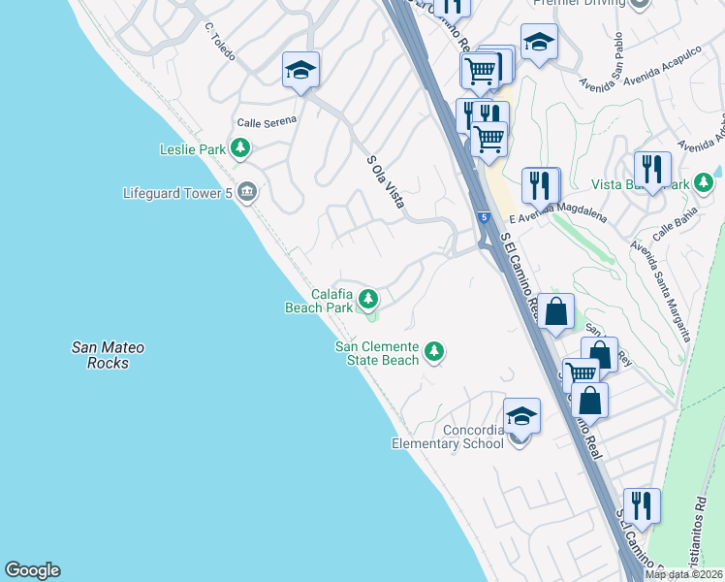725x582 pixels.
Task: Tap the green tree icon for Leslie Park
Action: pos(240,148)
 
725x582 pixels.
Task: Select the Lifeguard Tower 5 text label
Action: pos(177,192)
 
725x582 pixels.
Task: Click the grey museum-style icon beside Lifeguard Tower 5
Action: pos(247,191)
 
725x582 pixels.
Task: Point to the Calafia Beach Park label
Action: pos(318,301)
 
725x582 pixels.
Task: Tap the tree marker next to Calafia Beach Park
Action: pos(367,299)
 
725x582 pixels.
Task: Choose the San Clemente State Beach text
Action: pos(376,353)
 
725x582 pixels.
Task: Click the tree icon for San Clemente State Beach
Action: pos(434,351)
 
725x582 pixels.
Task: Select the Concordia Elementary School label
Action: pos(447,436)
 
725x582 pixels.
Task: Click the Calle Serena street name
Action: pos(267,122)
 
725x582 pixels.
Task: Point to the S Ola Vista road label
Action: pos(385,181)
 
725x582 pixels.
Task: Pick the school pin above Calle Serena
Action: pos(301,70)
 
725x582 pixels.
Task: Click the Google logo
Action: pos(32,570)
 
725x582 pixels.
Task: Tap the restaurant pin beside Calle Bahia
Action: pos(652,169)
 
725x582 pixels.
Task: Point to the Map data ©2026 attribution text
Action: pos(684,574)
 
